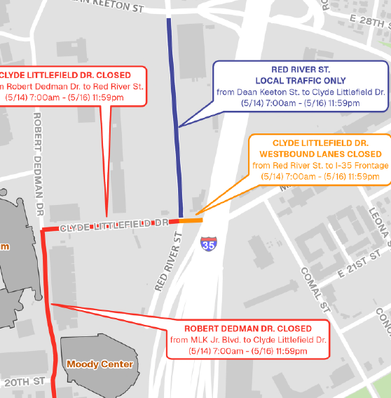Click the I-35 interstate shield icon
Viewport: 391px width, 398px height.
[208, 244]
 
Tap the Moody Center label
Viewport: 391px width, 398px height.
[100, 364]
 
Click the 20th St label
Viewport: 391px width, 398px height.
[25, 382]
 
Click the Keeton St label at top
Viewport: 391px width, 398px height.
[112, 6]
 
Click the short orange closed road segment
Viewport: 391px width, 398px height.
[191, 220]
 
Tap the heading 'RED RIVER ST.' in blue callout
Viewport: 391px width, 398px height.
[299, 70]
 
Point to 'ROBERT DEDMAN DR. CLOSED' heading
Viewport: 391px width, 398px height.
[248, 329]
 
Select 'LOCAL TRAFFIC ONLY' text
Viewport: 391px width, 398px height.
[299, 81]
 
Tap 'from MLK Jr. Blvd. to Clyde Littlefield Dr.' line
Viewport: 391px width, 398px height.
[248, 340]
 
